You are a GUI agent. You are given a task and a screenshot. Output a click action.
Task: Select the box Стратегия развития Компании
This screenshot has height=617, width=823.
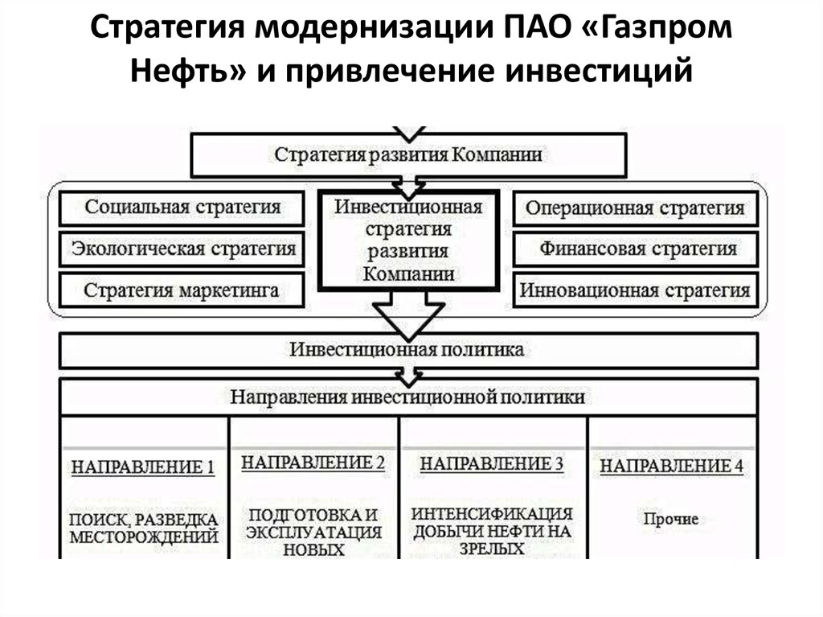tap(408, 154)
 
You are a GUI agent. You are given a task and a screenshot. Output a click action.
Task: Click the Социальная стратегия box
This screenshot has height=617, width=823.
tap(182, 208)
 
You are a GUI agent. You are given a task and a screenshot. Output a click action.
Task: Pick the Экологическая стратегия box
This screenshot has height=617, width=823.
tap(182, 249)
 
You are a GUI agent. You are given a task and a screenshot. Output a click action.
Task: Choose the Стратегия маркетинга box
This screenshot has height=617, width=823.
tap(182, 290)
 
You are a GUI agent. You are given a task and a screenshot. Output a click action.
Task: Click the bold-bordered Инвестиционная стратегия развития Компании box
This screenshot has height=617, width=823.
tap(408, 241)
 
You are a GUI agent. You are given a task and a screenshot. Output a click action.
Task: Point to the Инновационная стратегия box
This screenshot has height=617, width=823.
tap(635, 290)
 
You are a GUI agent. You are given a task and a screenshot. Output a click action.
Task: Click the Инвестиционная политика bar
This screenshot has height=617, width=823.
tap(408, 351)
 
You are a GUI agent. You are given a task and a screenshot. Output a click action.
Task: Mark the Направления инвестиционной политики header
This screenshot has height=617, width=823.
tap(408, 397)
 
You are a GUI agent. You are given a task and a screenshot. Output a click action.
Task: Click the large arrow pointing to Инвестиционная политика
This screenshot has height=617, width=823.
tap(408, 315)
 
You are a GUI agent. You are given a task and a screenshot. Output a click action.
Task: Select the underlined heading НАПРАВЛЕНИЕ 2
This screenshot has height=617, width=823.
tap(313, 463)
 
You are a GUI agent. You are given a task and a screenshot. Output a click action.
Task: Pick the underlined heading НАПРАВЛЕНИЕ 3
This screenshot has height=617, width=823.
tap(492, 464)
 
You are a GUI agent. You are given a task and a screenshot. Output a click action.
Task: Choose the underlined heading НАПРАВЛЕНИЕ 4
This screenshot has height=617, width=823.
tap(672, 467)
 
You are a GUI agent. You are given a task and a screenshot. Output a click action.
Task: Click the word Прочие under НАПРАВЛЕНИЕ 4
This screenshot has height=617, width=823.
tap(671, 519)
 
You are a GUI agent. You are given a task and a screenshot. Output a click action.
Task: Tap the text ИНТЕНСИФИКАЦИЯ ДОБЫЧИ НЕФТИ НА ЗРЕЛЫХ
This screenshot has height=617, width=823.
tap(492, 531)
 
